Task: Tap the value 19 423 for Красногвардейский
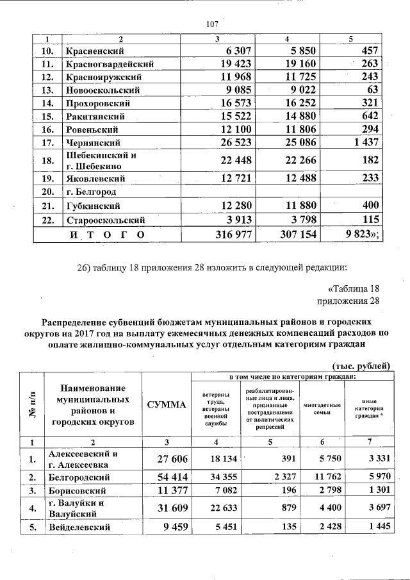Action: [213, 63]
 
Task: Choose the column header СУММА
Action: [166, 404]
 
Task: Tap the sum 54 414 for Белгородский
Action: [166, 477]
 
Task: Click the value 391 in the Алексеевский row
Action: [286, 459]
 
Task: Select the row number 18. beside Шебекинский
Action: [47, 161]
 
